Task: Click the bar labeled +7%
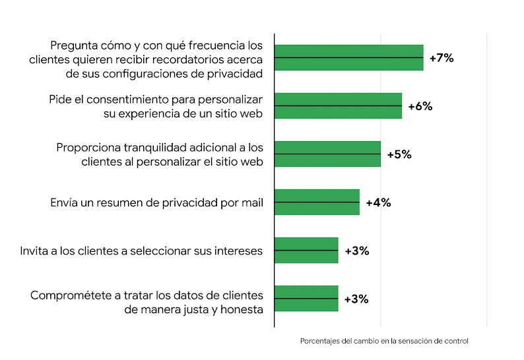tap(348, 58)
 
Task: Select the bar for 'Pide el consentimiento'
tap(338, 106)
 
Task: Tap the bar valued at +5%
tap(327, 154)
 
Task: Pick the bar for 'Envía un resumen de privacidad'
tap(317, 202)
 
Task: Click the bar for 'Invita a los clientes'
tap(306, 251)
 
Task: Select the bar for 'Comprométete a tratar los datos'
tap(306, 299)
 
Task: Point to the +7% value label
tap(442, 58)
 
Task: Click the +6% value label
tap(420, 106)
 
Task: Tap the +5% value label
tap(399, 154)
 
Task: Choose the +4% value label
tap(378, 202)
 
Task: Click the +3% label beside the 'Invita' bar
tap(356, 251)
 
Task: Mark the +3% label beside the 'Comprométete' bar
tap(356, 299)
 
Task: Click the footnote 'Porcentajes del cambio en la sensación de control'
tap(384, 341)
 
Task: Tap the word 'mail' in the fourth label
tap(251, 202)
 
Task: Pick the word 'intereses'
tap(239, 251)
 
